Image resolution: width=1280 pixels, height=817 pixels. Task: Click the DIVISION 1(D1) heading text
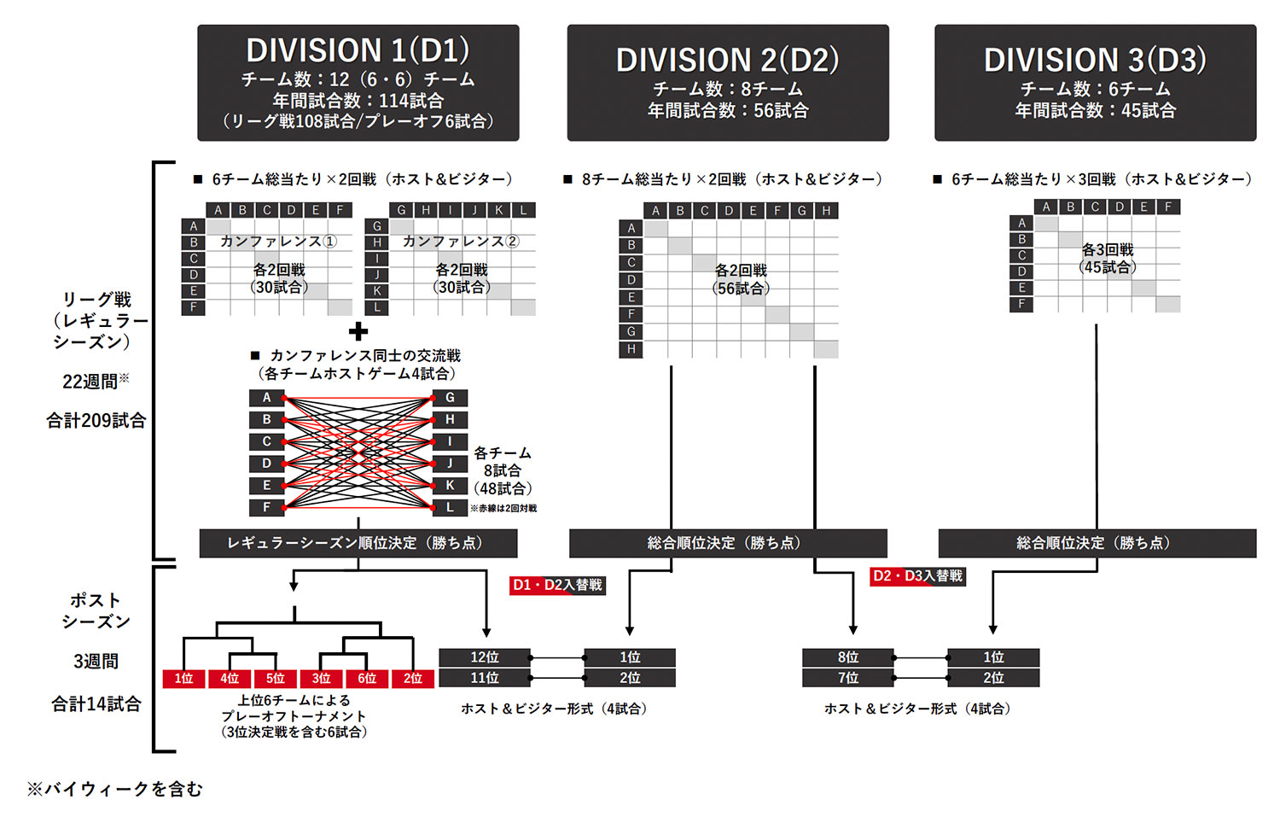[x=358, y=50]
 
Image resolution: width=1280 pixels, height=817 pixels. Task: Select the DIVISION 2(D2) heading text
[x=727, y=60]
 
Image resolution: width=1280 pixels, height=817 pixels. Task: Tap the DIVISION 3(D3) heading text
[x=1095, y=60]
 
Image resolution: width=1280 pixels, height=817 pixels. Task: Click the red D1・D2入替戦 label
[x=557, y=585]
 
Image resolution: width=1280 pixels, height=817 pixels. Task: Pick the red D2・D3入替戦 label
[x=917, y=575]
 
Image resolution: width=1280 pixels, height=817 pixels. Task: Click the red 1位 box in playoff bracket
[x=183, y=679]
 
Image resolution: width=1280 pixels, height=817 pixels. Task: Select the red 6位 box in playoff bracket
[x=367, y=679]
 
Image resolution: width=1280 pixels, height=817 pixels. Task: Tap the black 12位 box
[x=485, y=657]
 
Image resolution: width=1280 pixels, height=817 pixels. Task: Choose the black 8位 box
[x=848, y=657]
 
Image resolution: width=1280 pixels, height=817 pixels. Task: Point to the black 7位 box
[x=848, y=678]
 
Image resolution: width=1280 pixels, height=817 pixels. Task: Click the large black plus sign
[x=358, y=331]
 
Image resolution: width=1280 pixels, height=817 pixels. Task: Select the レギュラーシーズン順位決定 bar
[x=358, y=543]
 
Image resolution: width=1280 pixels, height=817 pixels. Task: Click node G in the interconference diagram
[x=450, y=398]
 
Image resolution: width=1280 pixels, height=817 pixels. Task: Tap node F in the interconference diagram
[x=266, y=507]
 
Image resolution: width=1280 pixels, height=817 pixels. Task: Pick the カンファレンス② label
[x=461, y=242]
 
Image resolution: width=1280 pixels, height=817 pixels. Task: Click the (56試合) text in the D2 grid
[x=742, y=289]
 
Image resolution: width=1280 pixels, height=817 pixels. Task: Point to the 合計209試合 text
[x=96, y=421]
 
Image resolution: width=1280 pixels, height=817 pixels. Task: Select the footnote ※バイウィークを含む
[x=115, y=790]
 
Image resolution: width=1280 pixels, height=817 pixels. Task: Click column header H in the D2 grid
[x=826, y=210]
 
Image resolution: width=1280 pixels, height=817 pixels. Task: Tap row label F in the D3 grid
[x=1021, y=304]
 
